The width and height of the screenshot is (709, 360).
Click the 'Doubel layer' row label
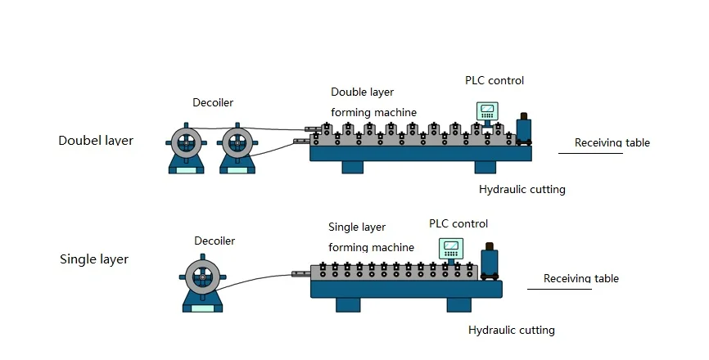(x=96, y=141)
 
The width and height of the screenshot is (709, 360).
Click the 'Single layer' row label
(x=94, y=259)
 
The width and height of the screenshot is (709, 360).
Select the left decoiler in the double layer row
(x=187, y=147)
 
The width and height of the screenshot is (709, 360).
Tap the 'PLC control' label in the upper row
(x=494, y=80)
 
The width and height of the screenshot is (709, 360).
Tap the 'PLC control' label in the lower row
(x=458, y=223)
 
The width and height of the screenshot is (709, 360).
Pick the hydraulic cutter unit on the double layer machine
(x=523, y=131)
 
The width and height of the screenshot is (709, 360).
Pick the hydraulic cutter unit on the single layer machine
(x=490, y=263)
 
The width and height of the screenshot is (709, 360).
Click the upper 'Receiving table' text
(x=612, y=142)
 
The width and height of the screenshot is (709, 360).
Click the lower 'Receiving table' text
(x=580, y=278)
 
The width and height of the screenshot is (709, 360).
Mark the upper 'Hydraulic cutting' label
(x=522, y=190)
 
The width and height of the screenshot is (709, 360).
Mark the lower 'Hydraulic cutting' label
(x=512, y=331)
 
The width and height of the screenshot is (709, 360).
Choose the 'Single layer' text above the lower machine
(x=357, y=227)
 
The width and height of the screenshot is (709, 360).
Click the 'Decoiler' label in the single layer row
(x=215, y=241)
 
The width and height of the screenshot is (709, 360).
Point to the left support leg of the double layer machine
(x=352, y=167)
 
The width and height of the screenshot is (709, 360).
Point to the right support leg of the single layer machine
(x=458, y=304)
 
